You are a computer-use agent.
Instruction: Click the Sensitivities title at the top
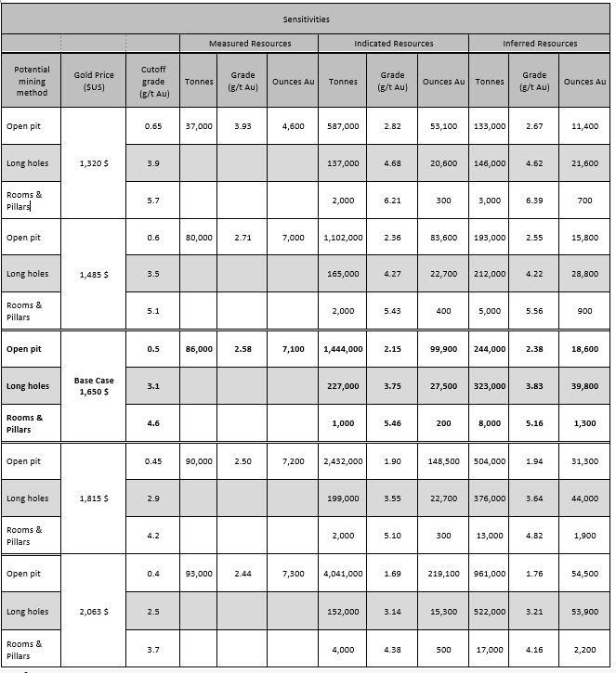(307, 19)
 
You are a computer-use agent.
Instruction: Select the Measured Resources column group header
(249, 44)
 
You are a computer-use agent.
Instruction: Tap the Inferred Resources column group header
(539, 44)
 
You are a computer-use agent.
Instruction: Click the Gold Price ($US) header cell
(93, 82)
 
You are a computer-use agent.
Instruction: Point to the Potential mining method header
(32, 82)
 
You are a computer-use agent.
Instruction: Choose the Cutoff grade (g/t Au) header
(153, 82)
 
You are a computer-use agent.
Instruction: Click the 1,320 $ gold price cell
(93, 163)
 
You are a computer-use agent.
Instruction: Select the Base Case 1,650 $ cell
(93, 386)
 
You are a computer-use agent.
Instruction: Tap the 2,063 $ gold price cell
(93, 612)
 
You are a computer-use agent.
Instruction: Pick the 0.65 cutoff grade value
(153, 125)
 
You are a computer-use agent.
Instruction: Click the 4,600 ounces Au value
(293, 125)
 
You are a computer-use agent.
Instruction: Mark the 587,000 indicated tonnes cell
(343, 125)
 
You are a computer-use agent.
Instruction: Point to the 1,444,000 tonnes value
(343, 349)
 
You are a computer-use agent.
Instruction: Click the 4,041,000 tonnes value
(343, 574)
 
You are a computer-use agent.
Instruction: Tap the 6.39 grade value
(534, 201)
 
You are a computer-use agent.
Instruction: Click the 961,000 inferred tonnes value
(490, 574)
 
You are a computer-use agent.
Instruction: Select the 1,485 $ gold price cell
(93, 275)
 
